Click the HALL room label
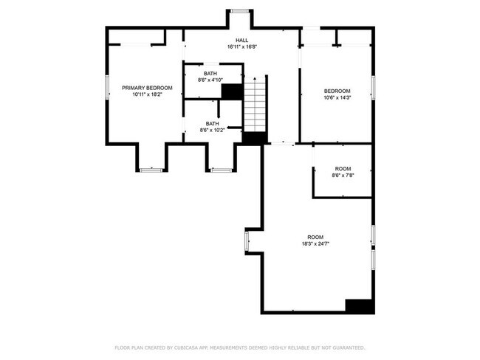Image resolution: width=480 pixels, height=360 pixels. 241,40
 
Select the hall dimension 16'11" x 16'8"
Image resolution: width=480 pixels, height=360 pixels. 241,46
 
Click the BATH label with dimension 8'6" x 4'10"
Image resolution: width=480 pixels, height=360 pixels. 211,73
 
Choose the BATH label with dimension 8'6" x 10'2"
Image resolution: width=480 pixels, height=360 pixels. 212,123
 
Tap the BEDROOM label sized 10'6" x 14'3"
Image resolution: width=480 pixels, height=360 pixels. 337,91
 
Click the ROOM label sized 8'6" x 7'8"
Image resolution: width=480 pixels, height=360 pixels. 343,169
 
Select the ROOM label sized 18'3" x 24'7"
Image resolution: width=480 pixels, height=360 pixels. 315,237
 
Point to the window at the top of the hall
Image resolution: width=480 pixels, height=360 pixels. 239,10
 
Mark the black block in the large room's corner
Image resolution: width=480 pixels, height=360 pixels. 358,305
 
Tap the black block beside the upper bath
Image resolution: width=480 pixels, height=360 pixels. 232,91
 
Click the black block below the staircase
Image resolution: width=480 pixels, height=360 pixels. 254,138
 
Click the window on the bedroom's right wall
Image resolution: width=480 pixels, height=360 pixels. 374,86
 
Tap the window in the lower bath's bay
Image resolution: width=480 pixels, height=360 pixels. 222,170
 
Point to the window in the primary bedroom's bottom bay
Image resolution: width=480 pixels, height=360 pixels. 151,170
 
